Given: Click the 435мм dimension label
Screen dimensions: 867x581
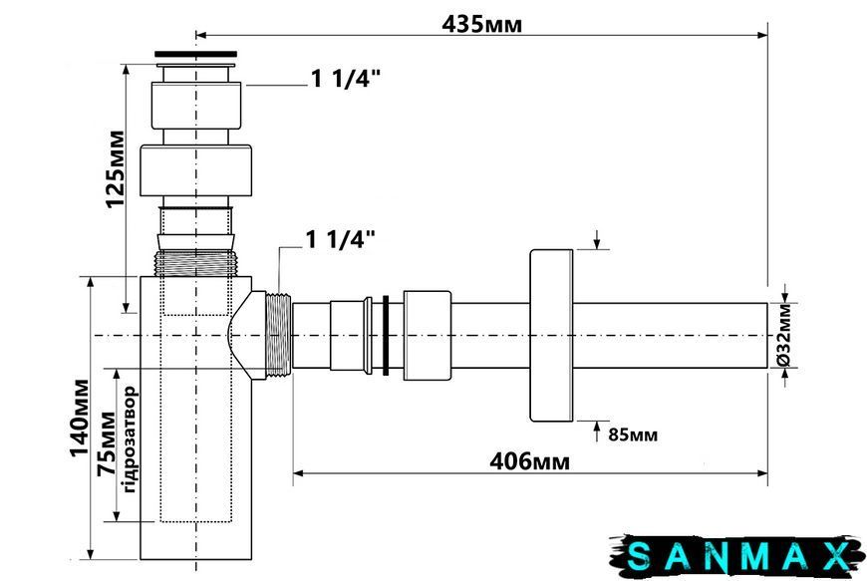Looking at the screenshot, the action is [481, 24].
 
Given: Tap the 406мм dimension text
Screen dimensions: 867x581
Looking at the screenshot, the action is [529, 461].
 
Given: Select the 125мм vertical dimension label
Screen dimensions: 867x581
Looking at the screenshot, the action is [115, 168].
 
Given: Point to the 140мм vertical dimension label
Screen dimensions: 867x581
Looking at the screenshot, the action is [79, 418].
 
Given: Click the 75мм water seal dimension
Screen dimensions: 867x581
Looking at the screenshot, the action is [107, 444].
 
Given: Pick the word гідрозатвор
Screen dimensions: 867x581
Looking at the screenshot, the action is [129, 440].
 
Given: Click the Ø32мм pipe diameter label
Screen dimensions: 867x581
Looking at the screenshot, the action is [784, 335].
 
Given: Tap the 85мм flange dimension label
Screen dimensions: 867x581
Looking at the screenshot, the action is [633, 435].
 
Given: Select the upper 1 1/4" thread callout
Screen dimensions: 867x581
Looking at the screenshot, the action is [346, 79].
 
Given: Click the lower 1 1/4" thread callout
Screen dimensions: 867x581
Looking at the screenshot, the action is [341, 240].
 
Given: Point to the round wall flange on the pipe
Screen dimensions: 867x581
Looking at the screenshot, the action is [551, 335].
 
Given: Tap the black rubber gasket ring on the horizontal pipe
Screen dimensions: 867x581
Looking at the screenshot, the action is [386, 335].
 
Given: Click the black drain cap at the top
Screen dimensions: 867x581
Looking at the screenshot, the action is [195, 54].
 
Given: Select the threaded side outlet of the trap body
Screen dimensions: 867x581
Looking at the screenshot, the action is [279, 335].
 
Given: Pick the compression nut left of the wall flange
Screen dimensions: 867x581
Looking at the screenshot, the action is [427, 335].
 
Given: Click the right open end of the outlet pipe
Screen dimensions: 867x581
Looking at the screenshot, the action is [767, 335].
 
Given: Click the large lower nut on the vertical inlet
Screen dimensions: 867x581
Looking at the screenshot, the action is [195, 170].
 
